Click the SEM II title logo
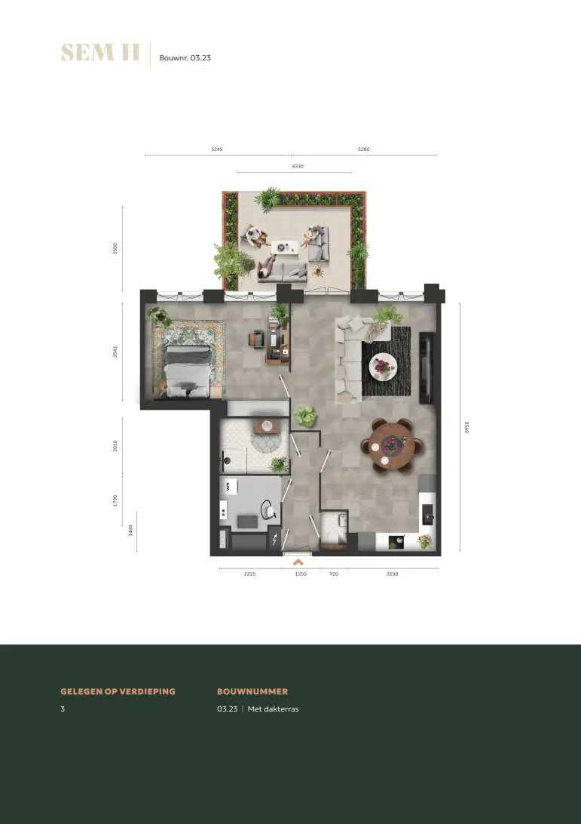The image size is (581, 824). click(x=100, y=53)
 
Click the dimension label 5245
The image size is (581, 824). click(x=217, y=149)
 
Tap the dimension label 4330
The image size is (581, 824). click(x=298, y=166)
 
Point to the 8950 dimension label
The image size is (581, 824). click(x=466, y=427)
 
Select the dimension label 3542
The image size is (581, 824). click(x=115, y=352)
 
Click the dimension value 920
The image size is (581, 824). click(x=334, y=573)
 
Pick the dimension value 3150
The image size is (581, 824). click(x=392, y=573)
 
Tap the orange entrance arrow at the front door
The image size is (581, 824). click(x=298, y=561)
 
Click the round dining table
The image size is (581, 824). click(x=390, y=446)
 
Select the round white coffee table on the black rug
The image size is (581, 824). click(x=383, y=366)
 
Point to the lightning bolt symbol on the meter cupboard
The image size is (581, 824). click(x=274, y=540)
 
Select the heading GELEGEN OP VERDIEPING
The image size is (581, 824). click(x=118, y=691)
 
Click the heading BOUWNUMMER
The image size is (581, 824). click(x=252, y=691)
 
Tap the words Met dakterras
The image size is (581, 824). click(x=273, y=709)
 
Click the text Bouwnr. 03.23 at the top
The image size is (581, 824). click(x=185, y=58)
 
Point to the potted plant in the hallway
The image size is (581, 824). click(x=305, y=417)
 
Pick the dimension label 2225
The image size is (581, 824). click(x=250, y=573)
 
